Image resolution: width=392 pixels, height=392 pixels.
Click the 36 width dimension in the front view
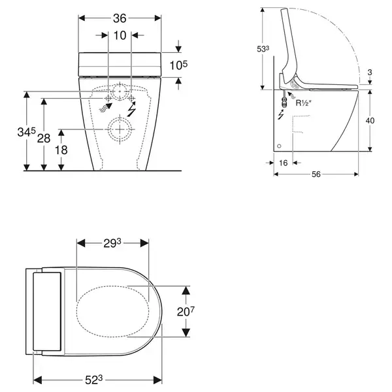pyautogui.click(x=120, y=18)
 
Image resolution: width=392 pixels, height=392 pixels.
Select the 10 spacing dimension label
pyautogui.click(x=120, y=35)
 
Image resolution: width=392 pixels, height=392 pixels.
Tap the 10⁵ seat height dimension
pyautogui.click(x=178, y=65)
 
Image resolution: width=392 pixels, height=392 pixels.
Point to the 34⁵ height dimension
pyautogui.click(x=27, y=132)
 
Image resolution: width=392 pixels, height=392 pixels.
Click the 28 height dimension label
pyautogui.click(x=44, y=138)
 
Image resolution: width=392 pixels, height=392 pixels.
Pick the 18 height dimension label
pyautogui.click(x=61, y=150)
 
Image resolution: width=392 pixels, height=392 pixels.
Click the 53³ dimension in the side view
pyautogui.click(x=263, y=49)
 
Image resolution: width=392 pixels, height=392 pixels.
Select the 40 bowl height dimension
pyautogui.click(x=370, y=120)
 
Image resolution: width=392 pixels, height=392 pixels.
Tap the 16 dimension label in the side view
pyautogui.click(x=284, y=163)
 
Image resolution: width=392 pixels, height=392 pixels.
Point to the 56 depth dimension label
pyautogui.click(x=316, y=174)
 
